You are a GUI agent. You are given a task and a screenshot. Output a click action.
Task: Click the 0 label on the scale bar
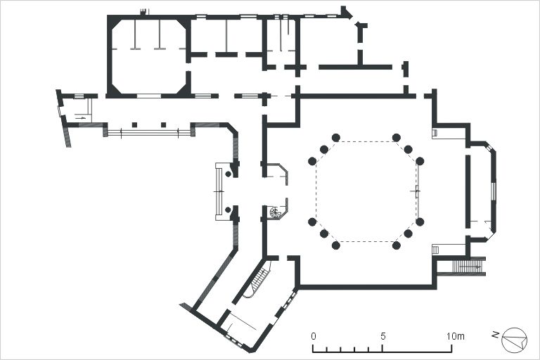(314, 336)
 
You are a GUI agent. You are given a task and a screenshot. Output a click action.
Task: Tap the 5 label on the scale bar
(382, 336)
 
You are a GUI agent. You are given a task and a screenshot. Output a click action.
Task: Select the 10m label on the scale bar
(456, 336)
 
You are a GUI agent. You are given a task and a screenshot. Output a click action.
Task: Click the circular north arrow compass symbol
(515, 340)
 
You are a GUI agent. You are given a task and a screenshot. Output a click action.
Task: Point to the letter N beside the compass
(496, 334)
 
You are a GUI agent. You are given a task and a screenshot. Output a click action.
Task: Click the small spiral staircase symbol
(276, 212)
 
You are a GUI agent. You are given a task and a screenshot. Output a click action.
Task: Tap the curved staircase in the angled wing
(259, 278)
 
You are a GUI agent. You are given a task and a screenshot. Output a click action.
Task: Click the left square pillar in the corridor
(135, 124)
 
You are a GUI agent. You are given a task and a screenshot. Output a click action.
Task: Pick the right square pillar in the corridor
(164, 124)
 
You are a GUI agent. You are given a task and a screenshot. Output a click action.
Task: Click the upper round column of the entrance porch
(228, 174)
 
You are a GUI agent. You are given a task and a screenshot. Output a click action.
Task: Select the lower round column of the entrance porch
(228, 210)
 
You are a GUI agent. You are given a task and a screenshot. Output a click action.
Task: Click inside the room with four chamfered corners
(149, 57)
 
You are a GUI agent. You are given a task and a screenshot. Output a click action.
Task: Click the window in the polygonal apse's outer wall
(493, 191)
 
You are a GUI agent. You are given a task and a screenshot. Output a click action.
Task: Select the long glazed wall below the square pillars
(149, 133)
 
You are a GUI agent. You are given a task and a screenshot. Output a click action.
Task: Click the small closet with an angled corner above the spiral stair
(277, 174)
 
